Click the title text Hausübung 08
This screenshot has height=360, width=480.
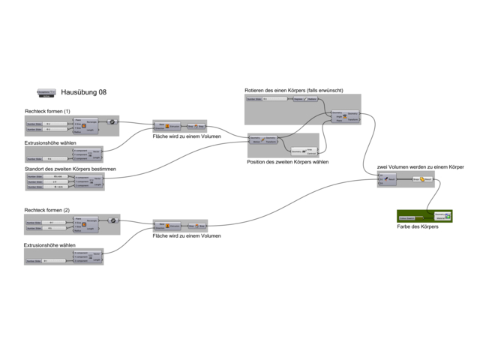84,92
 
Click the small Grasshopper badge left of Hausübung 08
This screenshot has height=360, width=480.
46,92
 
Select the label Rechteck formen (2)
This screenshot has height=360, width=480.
47,210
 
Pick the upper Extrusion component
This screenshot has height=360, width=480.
167,126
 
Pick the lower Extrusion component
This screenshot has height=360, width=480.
167,224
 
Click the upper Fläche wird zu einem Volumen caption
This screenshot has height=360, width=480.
187,136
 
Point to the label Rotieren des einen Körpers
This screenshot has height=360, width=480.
294,91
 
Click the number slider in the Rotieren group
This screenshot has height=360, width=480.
267,99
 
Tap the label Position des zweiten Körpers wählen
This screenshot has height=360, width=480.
287,162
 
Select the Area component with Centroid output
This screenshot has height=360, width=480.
304,151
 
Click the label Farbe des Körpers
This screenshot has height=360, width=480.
418,226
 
